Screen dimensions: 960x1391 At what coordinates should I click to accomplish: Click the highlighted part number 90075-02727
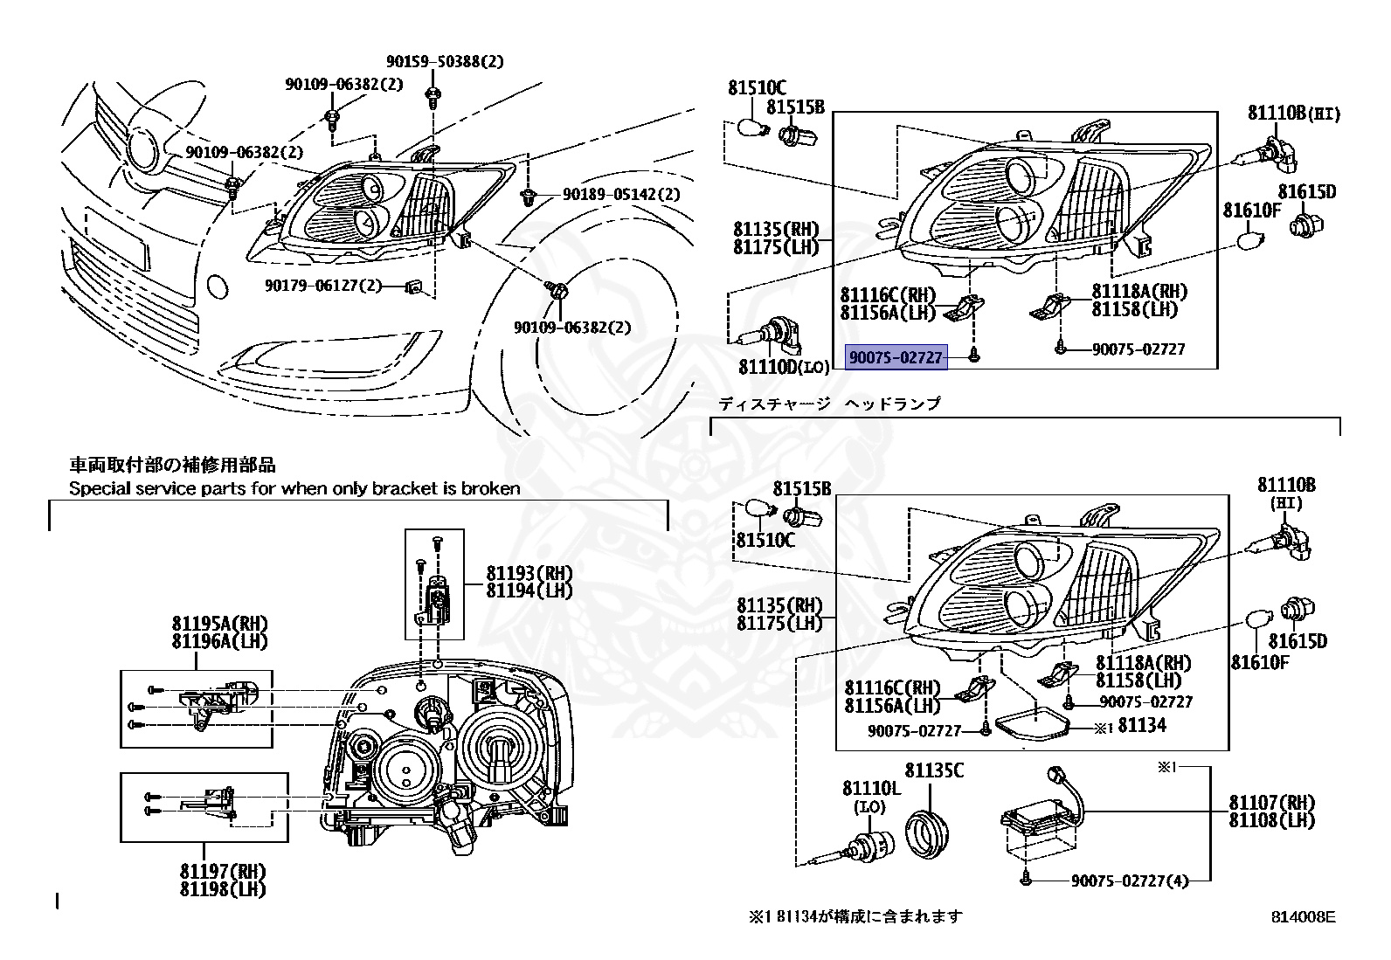tap(896, 357)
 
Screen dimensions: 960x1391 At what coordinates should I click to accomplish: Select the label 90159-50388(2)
tap(445, 62)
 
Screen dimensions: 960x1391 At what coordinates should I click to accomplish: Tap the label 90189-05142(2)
tap(621, 194)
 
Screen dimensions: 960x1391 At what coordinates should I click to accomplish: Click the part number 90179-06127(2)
tap(323, 285)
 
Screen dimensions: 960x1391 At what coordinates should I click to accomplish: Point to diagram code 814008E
tap(1303, 917)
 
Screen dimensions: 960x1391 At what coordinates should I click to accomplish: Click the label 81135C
tap(934, 770)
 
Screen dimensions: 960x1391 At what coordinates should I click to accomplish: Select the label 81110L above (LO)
tap(871, 789)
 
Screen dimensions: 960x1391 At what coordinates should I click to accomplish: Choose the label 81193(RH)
tap(529, 573)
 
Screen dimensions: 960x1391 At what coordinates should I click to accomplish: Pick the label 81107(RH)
tap(1271, 802)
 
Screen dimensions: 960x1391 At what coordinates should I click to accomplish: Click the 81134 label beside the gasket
tap(1142, 725)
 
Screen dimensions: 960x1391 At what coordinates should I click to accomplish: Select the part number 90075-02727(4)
tap(1130, 881)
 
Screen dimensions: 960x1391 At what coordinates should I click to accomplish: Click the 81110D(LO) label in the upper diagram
tap(784, 367)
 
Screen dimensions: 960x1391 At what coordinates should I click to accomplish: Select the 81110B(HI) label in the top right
tap(1293, 114)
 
